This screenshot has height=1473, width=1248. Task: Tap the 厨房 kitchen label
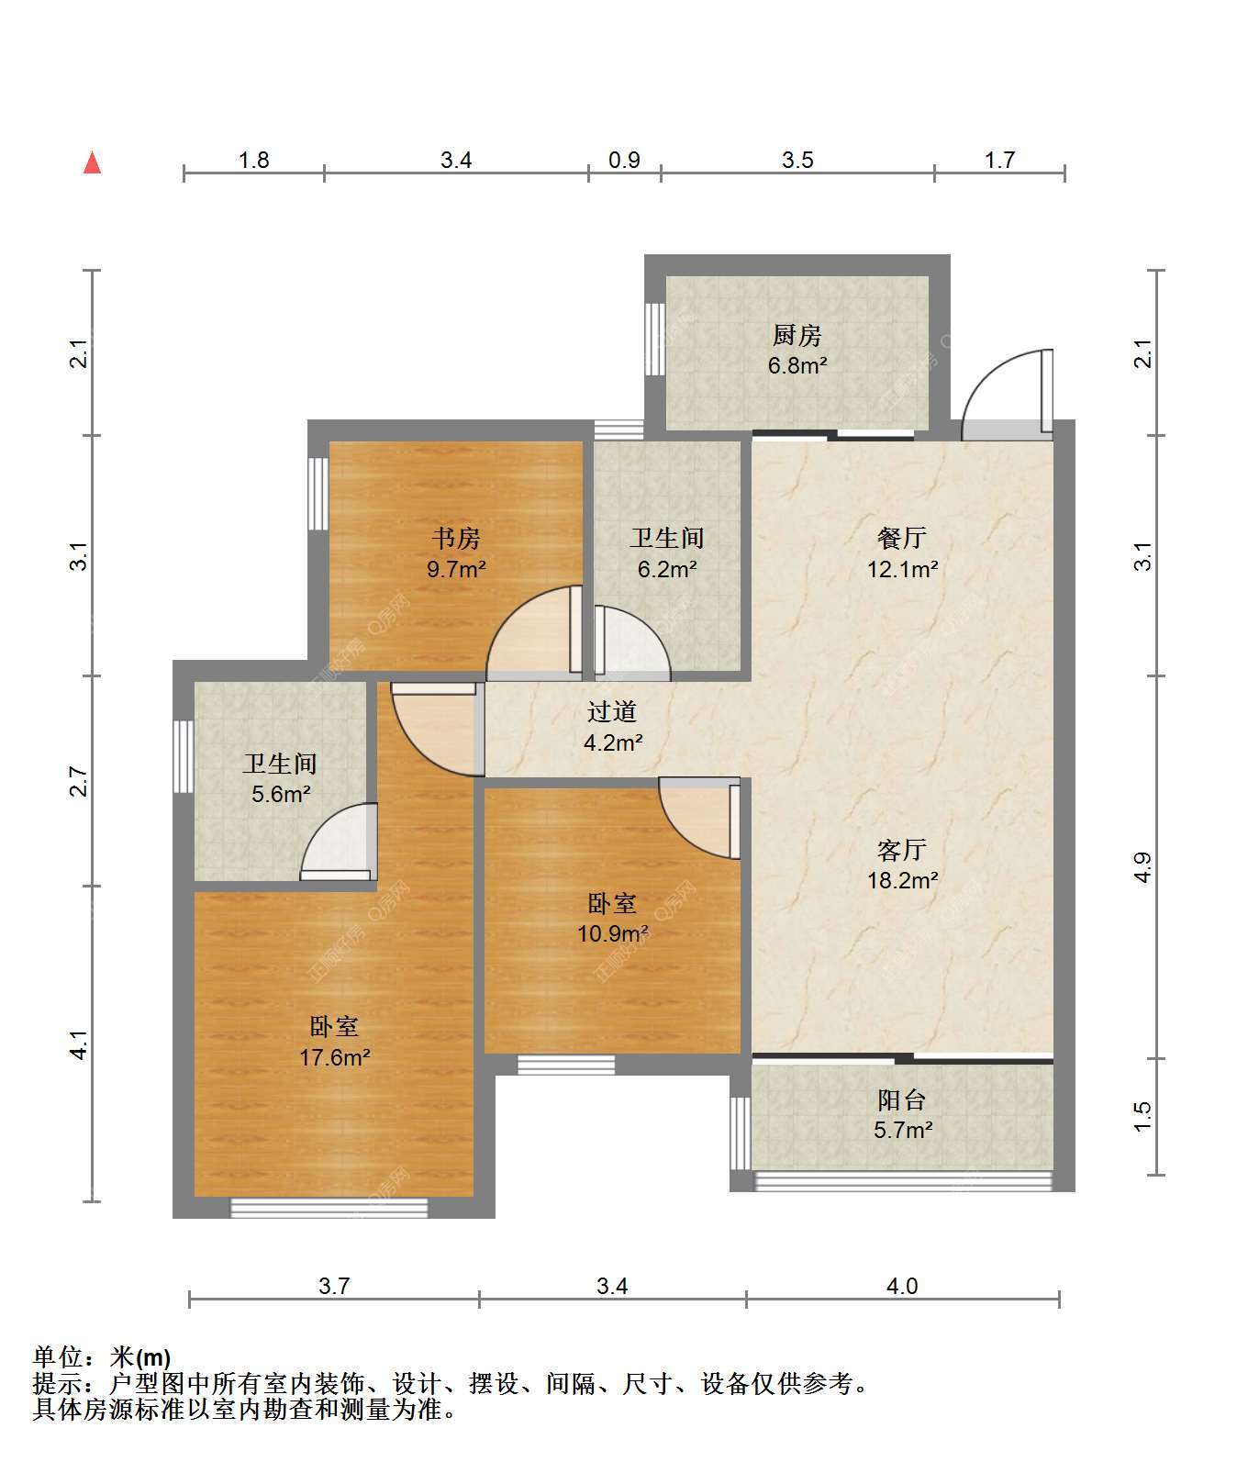pyautogui.click(x=797, y=335)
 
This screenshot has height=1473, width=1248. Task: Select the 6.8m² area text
pyautogui.click(x=797, y=365)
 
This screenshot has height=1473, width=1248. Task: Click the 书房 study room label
pyautogui.click(x=456, y=538)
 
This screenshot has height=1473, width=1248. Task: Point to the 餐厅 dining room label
pyautogui.click(x=902, y=538)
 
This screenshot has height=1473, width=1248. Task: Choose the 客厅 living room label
pyautogui.click(x=902, y=850)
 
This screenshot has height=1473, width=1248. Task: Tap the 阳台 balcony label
pyautogui.click(x=902, y=1099)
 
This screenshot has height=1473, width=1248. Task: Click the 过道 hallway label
pyautogui.click(x=612, y=711)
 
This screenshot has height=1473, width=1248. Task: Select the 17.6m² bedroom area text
pyautogui.click(x=334, y=1057)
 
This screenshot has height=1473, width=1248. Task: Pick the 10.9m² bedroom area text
pyautogui.click(x=612, y=934)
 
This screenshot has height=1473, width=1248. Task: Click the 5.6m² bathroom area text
pyautogui.click(x=281, y=794)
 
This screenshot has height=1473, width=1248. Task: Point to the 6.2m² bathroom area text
pyautogui.click(x=667, y=569)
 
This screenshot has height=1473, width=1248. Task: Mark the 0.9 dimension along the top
pyautogui.click(x=624, y=161)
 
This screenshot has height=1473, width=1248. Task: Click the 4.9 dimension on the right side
pyautogui.click(x=1142, y=867)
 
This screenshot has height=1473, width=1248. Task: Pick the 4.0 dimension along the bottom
pyautogui.click(x=902, y=1286)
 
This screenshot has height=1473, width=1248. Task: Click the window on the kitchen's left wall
pyautogui.click(x=654, y=339)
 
